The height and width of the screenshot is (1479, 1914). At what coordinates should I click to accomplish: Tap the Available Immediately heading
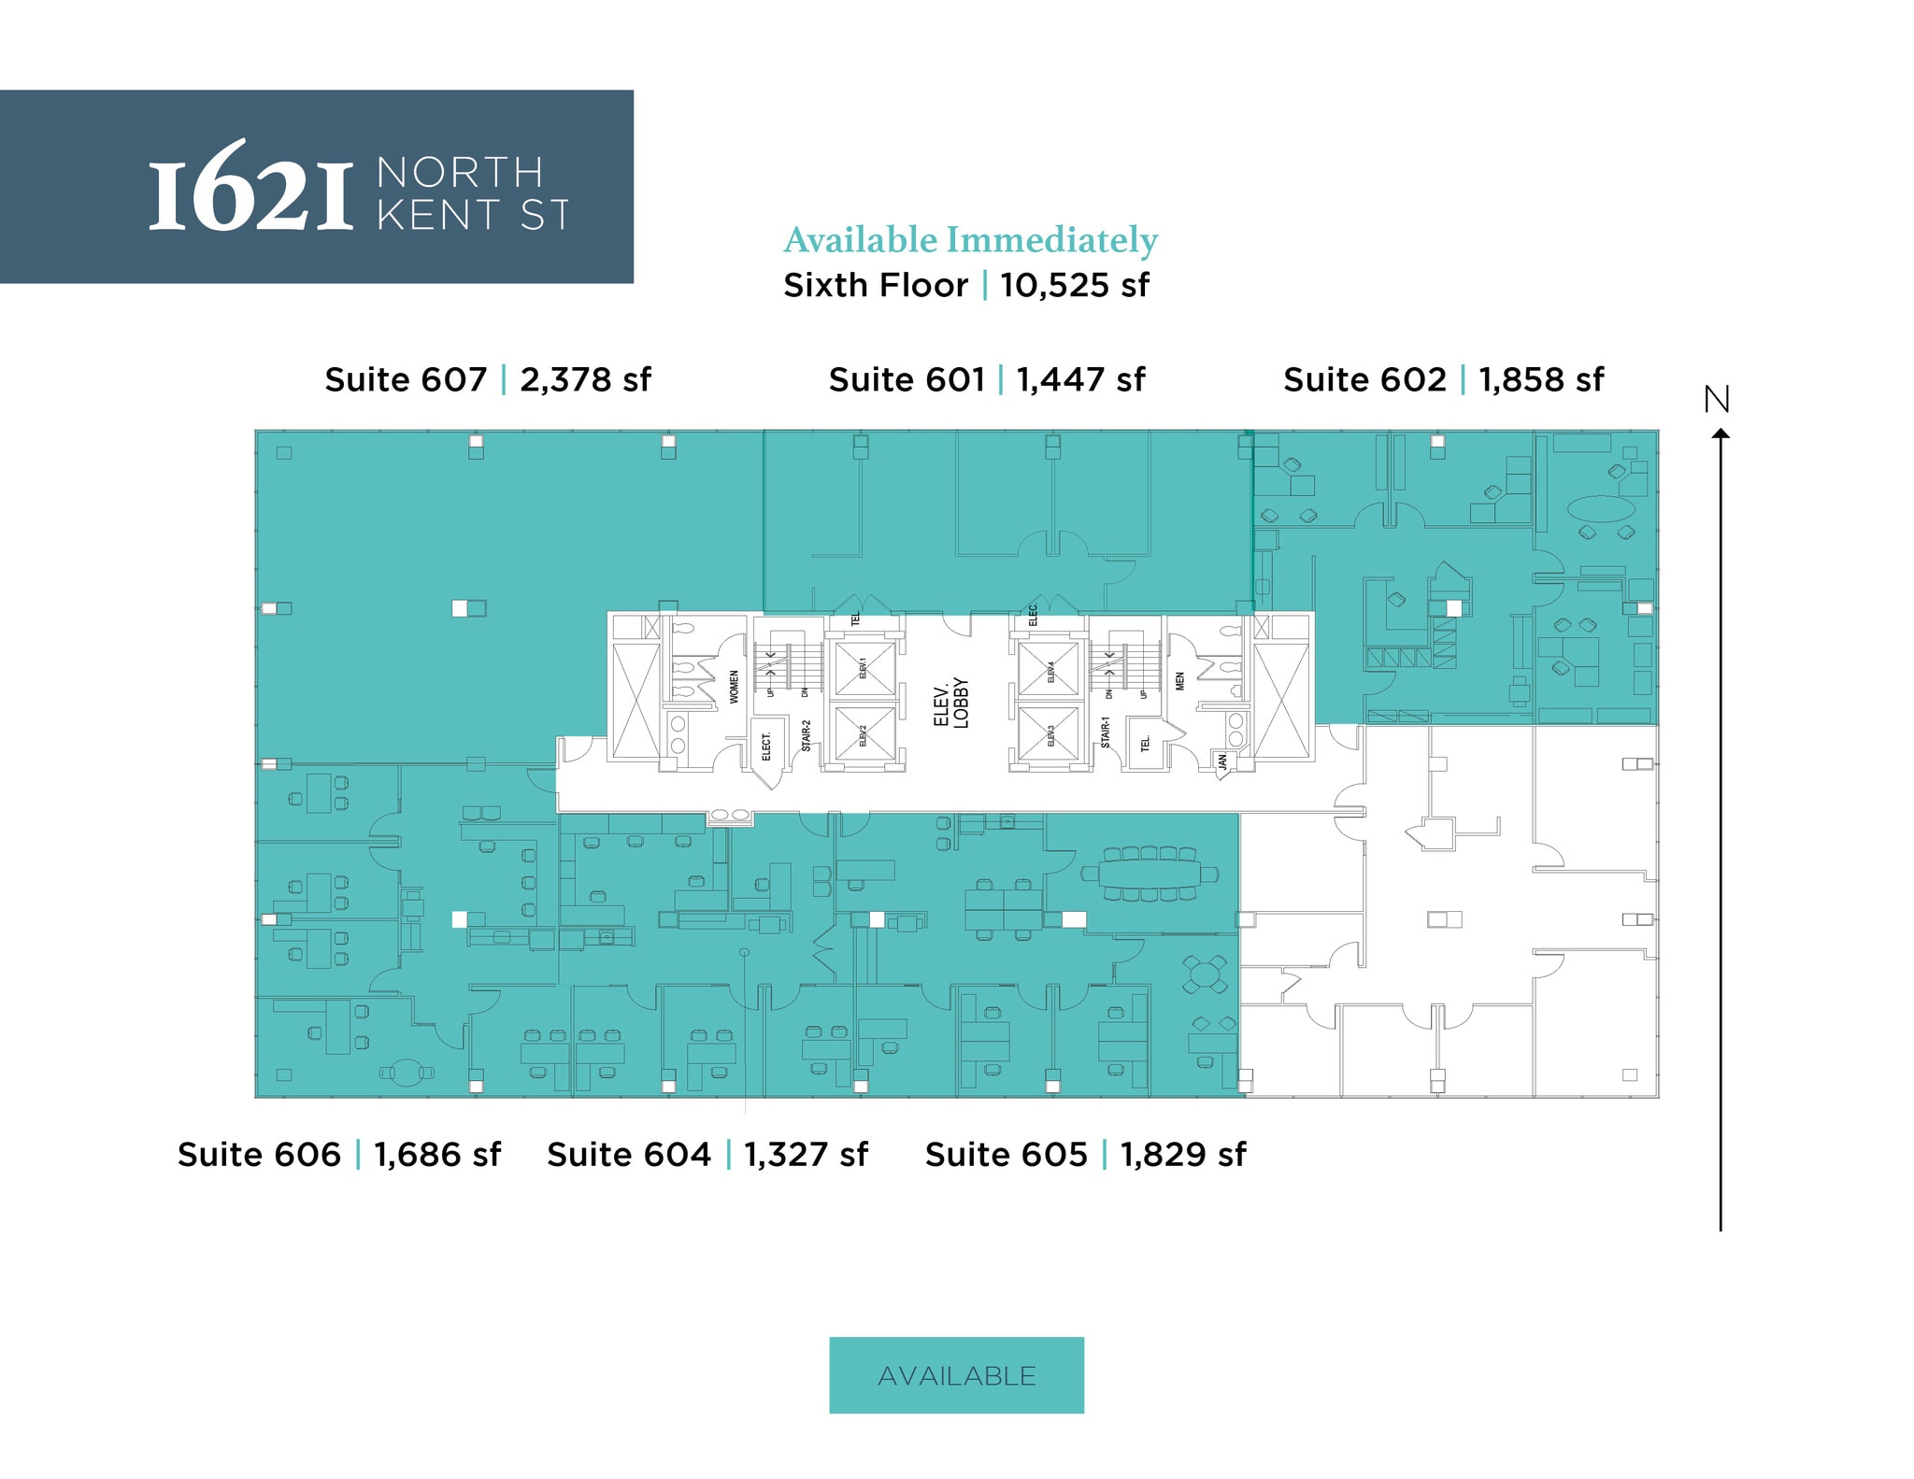click(x=970, y=240)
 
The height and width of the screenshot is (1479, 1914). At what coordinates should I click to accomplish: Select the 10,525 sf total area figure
click(x=1074, y=285)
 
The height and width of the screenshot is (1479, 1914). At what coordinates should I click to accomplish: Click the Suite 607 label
click(x=406, y=380)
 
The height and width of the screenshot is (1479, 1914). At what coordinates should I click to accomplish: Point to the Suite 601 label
click(x=907, y=380)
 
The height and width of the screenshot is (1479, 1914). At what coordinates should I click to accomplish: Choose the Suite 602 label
click(x=1364, y=380)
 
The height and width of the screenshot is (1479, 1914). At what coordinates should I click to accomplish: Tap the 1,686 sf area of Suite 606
click(x=437, y=1155)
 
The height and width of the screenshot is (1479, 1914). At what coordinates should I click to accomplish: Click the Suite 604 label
click(x=629, y=1155)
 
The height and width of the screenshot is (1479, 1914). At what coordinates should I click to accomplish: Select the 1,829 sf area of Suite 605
click(x=1183, y=1155)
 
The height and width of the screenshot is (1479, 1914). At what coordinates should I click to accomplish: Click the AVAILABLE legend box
click(x=956, y=1375)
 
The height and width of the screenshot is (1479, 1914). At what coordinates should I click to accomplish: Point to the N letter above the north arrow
click(x=1717, y=400)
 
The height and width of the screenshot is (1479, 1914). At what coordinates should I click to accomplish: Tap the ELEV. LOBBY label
click(x=951, y=703)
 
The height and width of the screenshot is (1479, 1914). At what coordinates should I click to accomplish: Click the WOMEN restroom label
click(x=735, y=687)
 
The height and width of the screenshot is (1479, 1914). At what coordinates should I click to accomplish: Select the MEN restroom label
click(x=1180, y=681)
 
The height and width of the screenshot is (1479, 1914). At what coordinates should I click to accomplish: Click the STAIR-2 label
click(x=807, y=735)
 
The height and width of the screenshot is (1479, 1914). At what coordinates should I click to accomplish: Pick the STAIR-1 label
click(x=1106, y=732)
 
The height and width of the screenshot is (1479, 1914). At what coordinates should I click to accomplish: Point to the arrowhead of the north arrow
click(x=1721, y=433)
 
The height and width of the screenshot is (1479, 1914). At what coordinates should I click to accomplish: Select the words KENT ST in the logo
click(x=473, y=216)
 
